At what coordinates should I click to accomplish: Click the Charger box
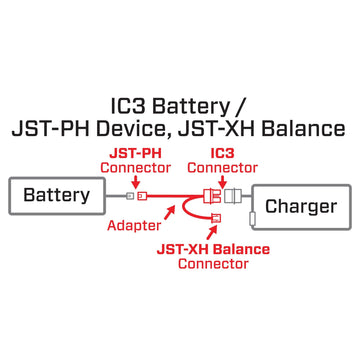point(300,208)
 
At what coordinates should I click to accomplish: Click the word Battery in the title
point(205,104)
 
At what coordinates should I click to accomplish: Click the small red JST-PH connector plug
point(141,195)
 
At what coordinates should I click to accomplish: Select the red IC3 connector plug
point(213,195)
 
